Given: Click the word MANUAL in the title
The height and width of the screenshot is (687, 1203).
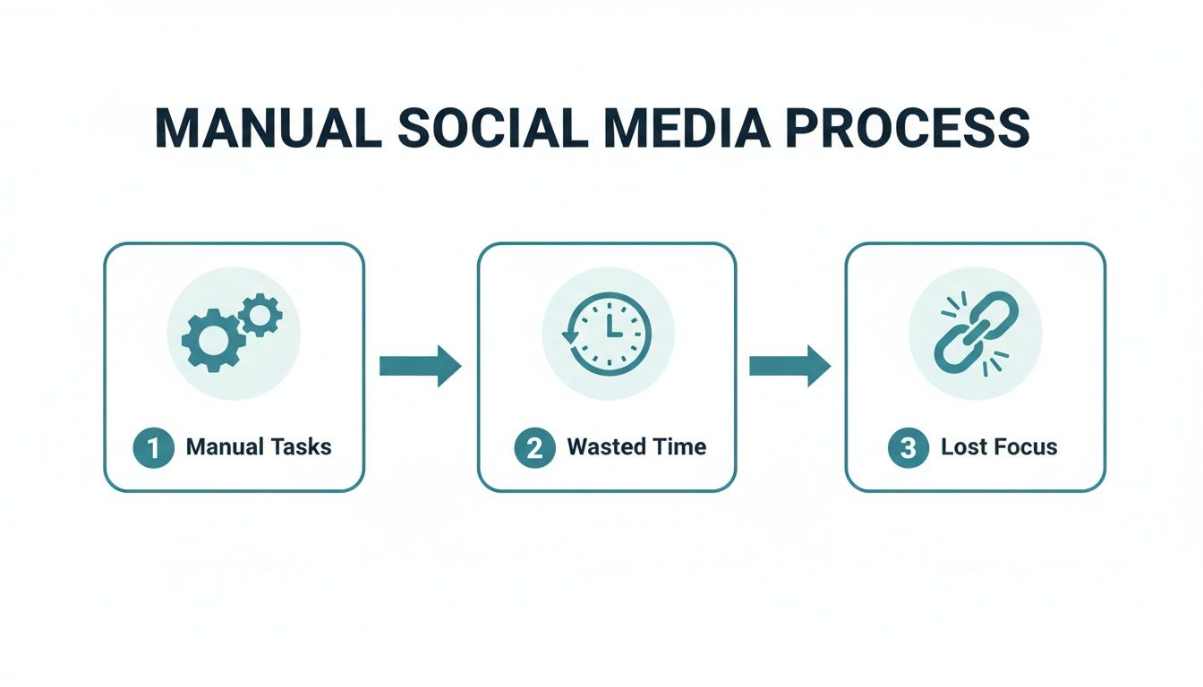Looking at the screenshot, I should [x=268, y=128].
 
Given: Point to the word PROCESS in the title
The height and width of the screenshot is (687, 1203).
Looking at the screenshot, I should [x=907, y=128].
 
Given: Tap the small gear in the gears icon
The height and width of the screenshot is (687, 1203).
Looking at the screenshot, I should [x=261, y=314].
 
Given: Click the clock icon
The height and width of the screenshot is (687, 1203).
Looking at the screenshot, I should [x=609, y=334].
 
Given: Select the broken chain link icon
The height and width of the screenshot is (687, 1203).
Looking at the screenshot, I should [x=976, y=333].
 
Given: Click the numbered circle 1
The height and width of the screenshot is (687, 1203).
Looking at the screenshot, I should [x=153, y=447].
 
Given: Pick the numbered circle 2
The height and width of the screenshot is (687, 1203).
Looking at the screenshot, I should [x=534, y=447].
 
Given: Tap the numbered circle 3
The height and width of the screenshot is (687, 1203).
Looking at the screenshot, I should [x=908, y=447].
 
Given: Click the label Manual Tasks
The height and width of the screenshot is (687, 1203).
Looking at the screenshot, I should [x=259, y=446].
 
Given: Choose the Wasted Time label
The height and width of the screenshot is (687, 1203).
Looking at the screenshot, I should [x=636, y=446].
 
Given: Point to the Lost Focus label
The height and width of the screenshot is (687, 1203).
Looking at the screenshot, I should [x=999, y=446].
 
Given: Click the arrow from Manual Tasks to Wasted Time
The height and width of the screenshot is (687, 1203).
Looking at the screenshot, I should [x=420, y=365].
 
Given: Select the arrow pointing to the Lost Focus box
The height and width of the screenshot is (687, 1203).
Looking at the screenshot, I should [x=789, y=365].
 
